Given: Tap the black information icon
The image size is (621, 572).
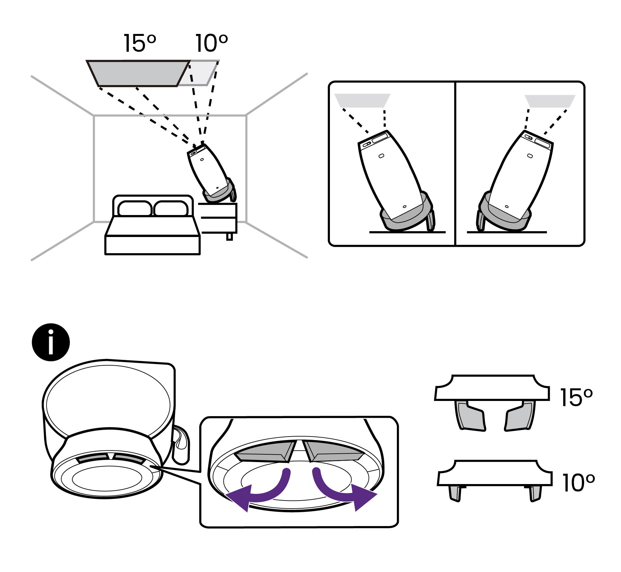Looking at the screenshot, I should (51, 342).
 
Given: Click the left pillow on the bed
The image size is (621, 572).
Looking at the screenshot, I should (135, 209).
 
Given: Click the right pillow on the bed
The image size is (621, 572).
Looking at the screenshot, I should (171, 209).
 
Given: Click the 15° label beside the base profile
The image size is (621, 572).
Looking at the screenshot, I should (576, 397).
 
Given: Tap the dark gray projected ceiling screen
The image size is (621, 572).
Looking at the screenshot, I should (137, 73).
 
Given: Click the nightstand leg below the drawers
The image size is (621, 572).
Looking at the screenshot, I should (229, 237).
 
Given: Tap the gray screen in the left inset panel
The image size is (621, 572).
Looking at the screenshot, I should (362, 101).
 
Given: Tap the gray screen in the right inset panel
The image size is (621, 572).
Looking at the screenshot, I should (550, 101).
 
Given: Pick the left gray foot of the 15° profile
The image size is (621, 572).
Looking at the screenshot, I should (471, 417).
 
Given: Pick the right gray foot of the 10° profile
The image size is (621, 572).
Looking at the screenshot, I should (535, 493).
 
